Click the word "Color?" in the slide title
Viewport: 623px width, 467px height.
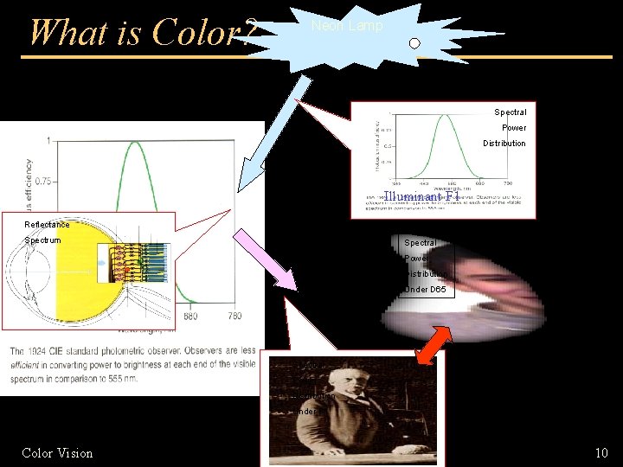204,33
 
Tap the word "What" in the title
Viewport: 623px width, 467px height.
61,33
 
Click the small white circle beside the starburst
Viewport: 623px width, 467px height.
414,43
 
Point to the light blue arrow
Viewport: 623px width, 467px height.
275,129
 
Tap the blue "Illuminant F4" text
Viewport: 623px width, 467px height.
420,198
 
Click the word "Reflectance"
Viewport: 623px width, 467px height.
48,225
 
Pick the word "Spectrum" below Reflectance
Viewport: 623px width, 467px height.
43,240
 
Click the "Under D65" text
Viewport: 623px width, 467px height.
426,290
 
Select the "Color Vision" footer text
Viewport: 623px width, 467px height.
57,452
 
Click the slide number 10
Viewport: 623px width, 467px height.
601,452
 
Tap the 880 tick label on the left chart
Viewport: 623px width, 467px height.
189,316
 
